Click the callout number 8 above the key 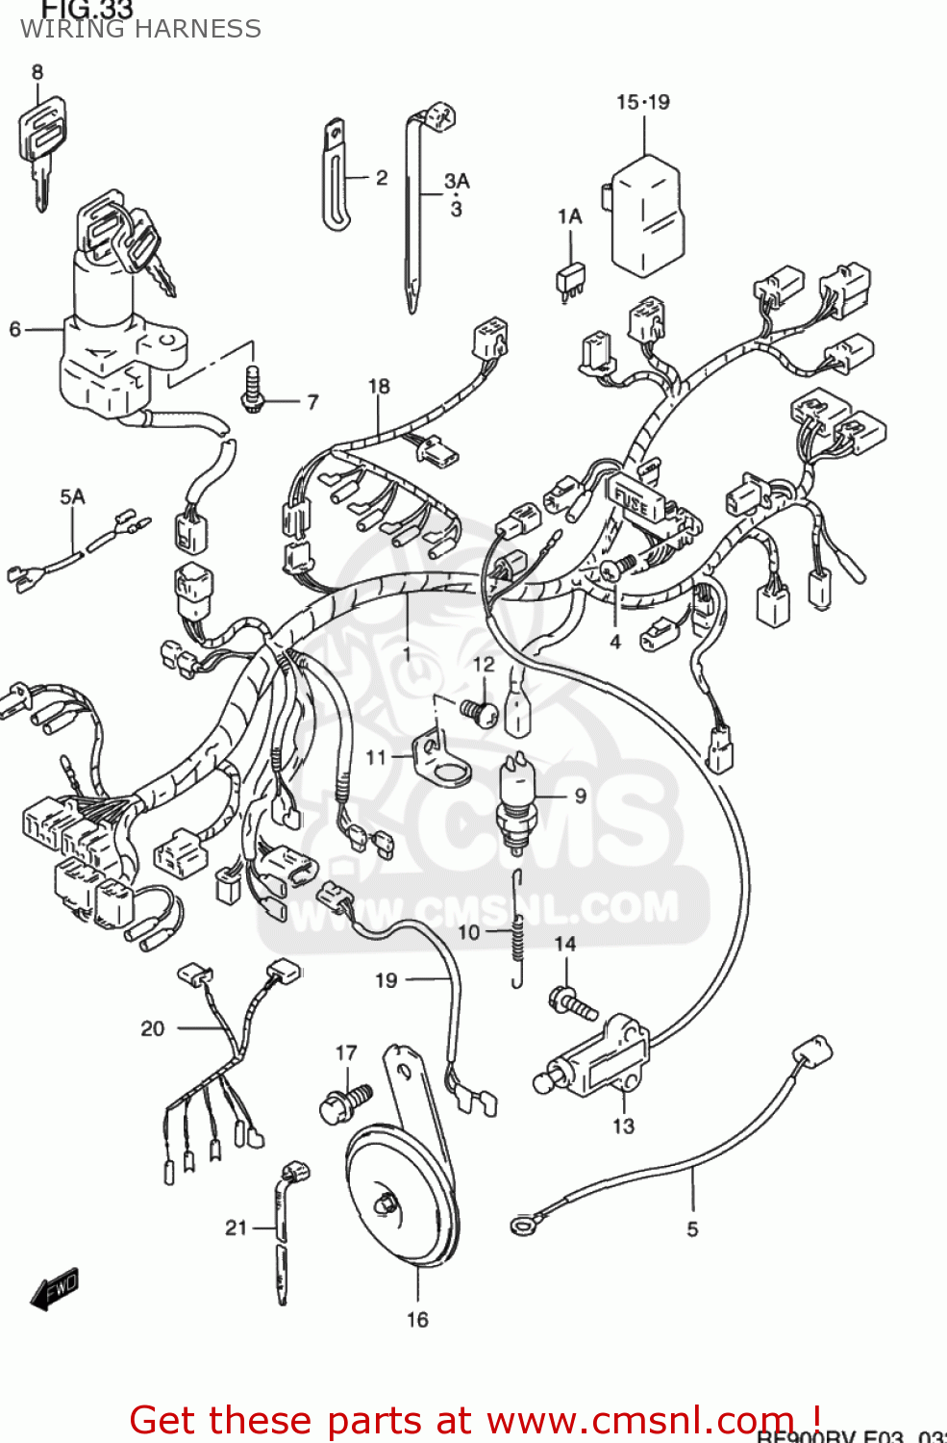click(37, 72)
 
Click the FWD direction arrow click(55, 1288)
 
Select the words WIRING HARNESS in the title click(140, 29)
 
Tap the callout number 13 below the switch click(623, 1126)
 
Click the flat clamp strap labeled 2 click(335, 176)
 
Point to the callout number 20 click(153, 1028)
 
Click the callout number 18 click(379, 386)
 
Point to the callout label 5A click(72, 496)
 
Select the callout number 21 click(237, 1228)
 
